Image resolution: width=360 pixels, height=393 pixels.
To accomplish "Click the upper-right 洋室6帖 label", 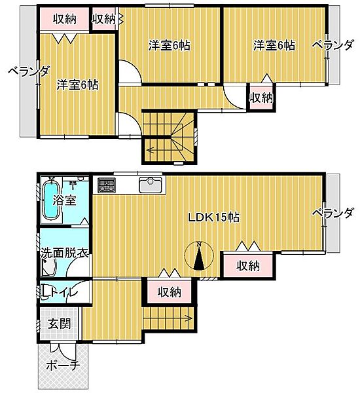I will [x=274, y=45].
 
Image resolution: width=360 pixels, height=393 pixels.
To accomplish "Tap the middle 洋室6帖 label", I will [x=169, y=45].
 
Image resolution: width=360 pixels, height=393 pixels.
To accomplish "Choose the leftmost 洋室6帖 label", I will [x=77, y=84].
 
